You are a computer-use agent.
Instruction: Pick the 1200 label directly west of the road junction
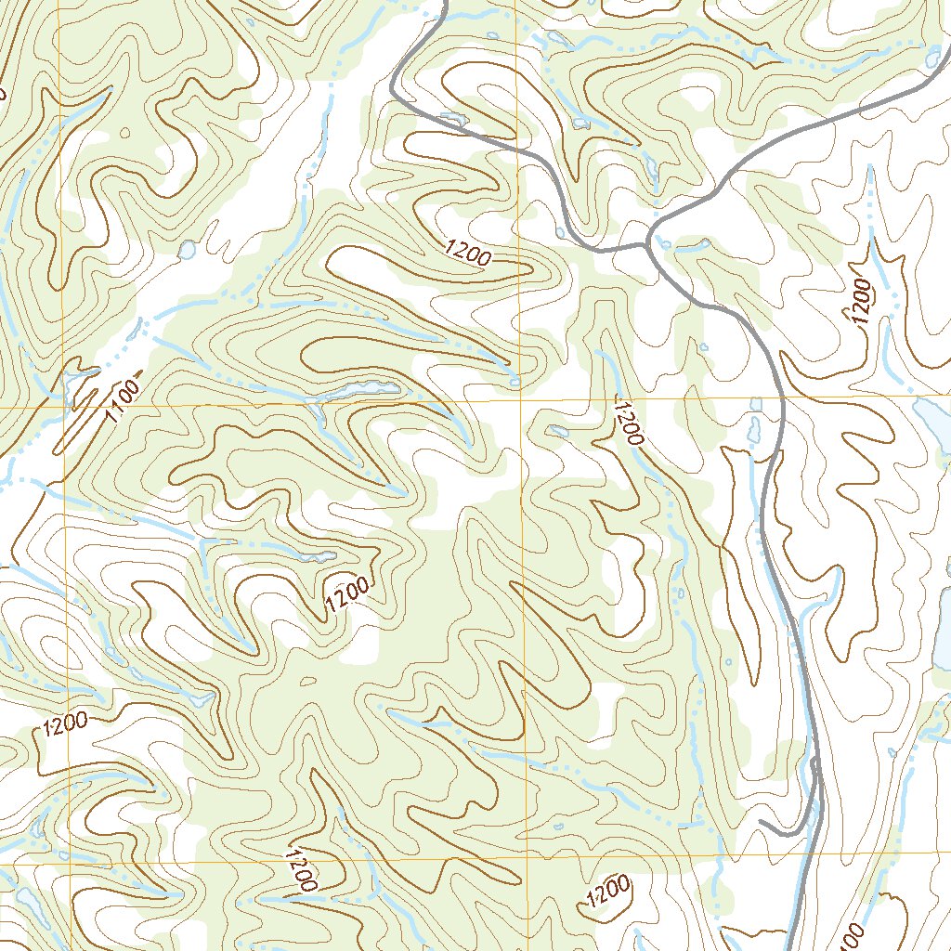pos(468,253)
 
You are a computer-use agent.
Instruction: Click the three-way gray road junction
pos(647,245)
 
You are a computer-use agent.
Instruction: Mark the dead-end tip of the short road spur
pos(762,823)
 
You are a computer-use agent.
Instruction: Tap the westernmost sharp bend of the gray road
pos(393,92)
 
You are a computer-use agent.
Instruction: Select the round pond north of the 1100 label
pos(187,249)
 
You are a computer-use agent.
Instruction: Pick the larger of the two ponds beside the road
pos(754,428)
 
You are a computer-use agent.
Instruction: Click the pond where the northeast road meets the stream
pos(931,59)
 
